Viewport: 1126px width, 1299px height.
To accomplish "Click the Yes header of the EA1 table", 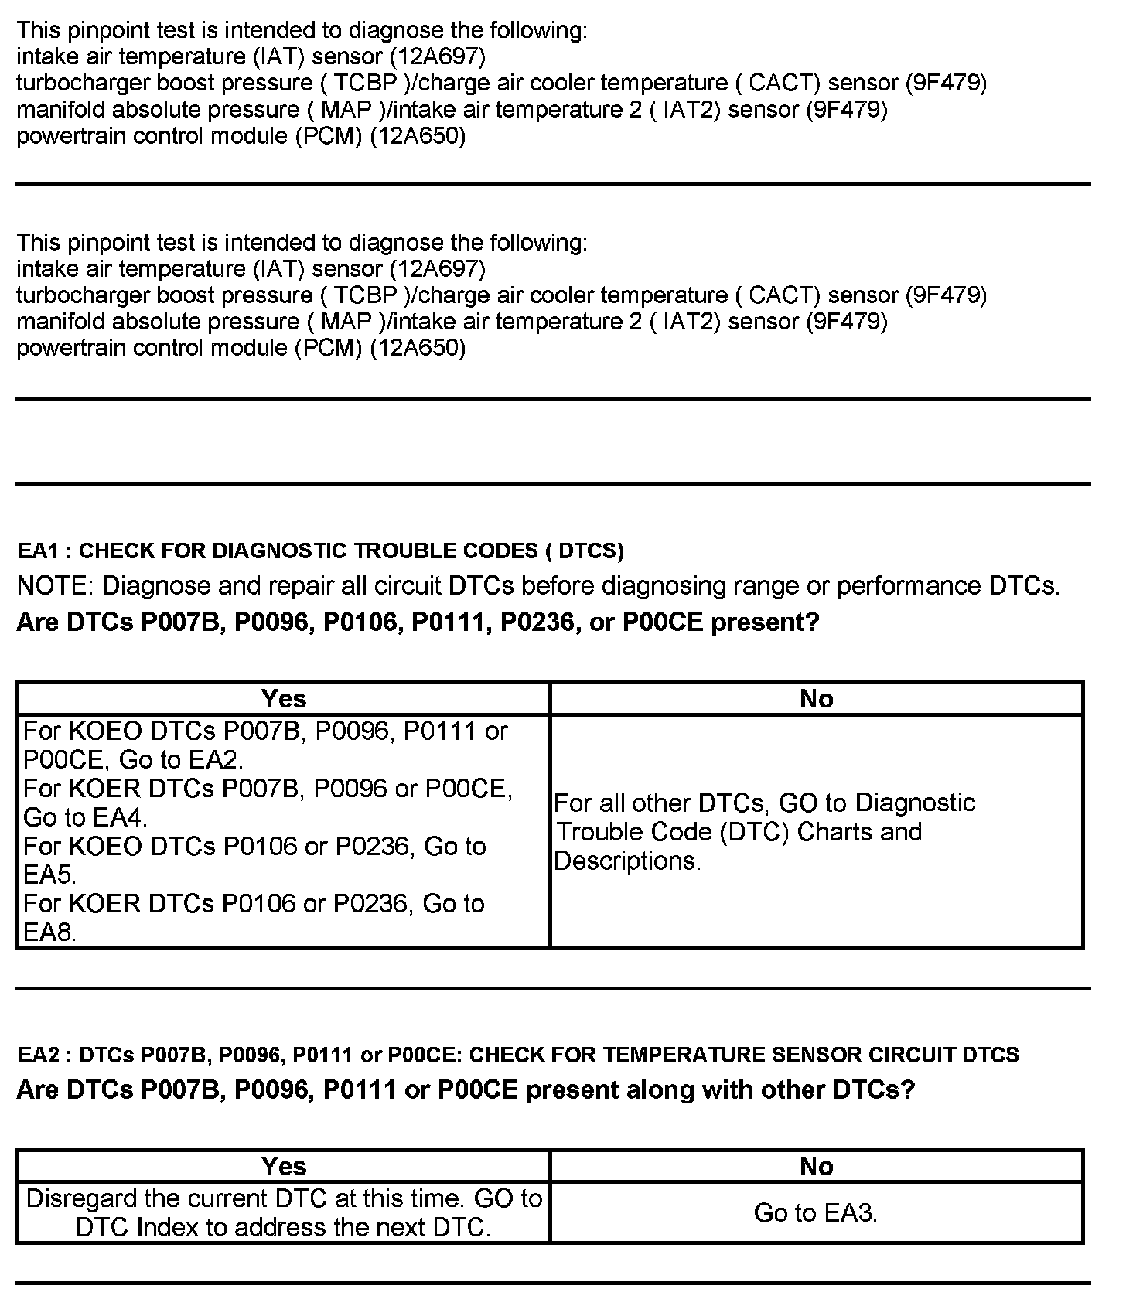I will point(284,699).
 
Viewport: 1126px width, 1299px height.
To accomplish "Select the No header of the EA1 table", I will point(817,699).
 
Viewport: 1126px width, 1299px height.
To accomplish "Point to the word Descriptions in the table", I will point(627,861).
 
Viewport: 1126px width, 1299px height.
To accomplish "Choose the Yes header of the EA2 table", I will point(284,1166).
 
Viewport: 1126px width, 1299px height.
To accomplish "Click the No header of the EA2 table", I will point(817,1166).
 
